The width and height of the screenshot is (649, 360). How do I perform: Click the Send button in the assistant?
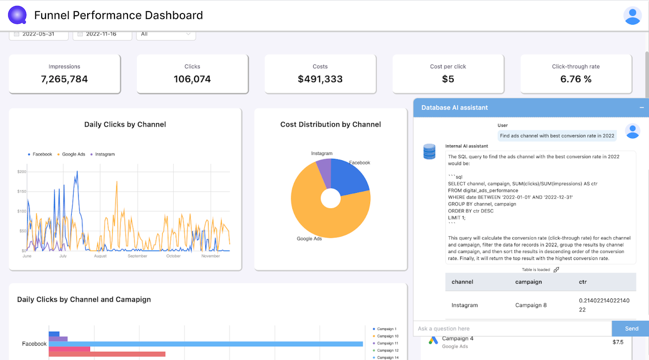tap(631, 328)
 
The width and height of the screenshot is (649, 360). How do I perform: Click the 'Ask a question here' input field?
tap(512, 328)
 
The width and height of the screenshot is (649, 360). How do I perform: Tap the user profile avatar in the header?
tap(632, 16)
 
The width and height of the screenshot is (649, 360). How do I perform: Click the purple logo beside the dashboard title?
tap(17, 15)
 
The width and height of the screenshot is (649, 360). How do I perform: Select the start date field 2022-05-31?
tap(38, 34)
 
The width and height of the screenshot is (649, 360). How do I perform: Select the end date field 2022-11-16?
tap(102, 34)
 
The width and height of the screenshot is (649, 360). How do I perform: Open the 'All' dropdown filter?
tap(165, 34)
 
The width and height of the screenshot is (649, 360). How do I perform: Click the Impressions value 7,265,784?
tap(64, 79)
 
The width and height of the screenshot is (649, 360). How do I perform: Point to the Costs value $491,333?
tap(320, 79)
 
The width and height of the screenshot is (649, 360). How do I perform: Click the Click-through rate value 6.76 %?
tap(576, 79)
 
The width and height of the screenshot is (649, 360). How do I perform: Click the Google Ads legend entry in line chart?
tap(73, 154)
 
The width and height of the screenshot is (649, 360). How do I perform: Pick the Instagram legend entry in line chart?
tap(104, 154)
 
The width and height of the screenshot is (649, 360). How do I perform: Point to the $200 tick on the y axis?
tap(22, 172)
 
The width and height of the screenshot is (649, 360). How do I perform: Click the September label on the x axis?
tap(137, 256)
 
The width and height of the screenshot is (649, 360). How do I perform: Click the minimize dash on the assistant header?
tap(642, 107)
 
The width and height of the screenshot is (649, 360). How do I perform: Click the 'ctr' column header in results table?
tap(583, 282)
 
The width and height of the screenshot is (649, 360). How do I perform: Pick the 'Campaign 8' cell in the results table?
tap(531, 305)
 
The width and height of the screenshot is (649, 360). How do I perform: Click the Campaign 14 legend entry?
tap(388, 358)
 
